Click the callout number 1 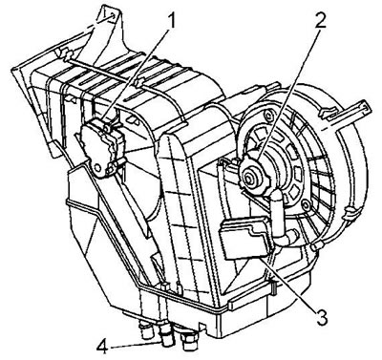click(x=172, y=21)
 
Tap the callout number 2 click(x=320, y=19)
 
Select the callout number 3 click(x=321, y=315)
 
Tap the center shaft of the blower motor click(x=249, y=180)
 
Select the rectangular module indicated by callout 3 click(x=244, y=237)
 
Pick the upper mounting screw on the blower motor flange click(x=270, y=114)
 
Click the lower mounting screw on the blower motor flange click(x=306, y=203)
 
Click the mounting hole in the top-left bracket click(x=112, y=15)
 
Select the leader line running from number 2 click(x=289, y=93)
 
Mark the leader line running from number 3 click(x=288, y=282)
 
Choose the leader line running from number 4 click(x=136, y=346)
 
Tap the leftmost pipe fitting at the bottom click(x=146, y=332)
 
